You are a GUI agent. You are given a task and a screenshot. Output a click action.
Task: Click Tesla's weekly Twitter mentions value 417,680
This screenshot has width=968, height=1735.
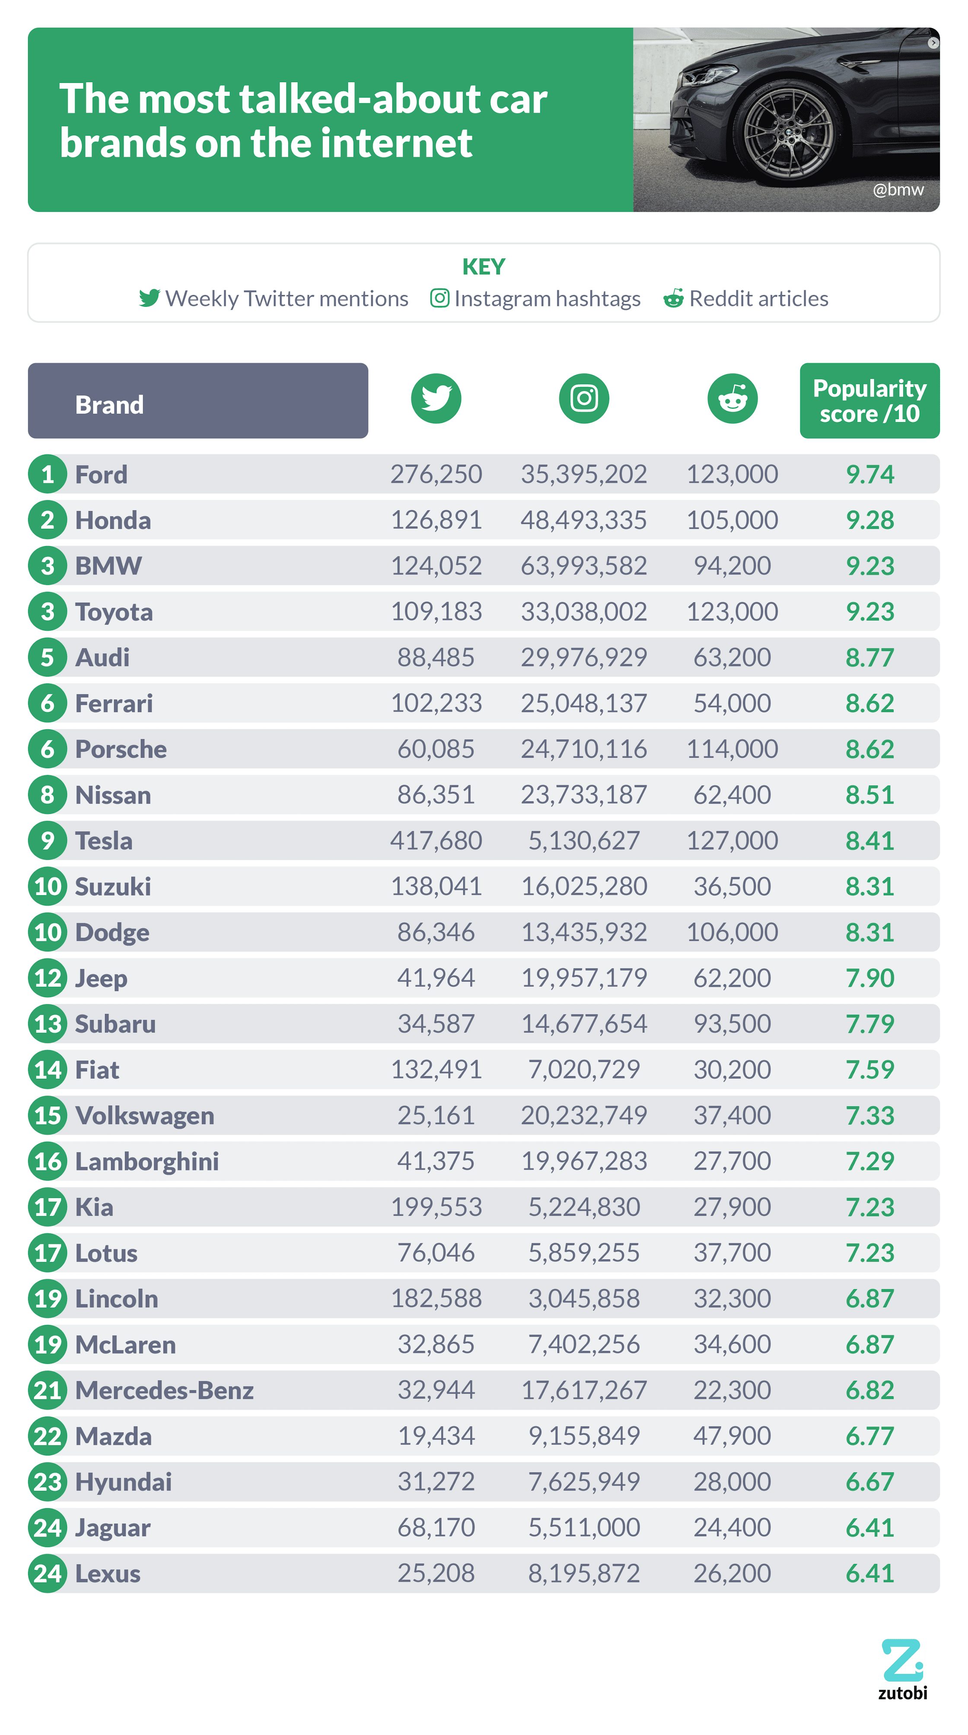click(x=436, y=841)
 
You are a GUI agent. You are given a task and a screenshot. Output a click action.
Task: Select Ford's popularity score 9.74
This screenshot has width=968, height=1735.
click(x=869, y=474)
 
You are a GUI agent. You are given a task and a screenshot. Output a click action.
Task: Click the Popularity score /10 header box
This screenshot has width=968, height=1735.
click(x=869, y=401)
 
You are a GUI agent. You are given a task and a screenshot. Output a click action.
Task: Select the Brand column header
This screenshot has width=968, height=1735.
click(x=197, y=401)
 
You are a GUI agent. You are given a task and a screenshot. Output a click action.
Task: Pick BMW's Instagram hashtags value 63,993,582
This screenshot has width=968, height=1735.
click(x=583, y=566)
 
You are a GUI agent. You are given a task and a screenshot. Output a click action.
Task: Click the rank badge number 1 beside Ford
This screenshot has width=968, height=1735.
click(x=47, y=474)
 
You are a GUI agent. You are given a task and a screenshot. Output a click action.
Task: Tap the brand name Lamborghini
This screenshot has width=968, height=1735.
click(x=147, y=1161)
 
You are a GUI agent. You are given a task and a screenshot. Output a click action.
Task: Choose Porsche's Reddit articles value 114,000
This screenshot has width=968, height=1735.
click(x=732, y=749)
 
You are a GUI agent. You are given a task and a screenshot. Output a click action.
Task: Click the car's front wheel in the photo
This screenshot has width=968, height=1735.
click(x=787, y=133)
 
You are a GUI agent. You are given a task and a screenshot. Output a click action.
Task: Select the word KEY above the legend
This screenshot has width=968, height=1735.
click(x=483, y=267)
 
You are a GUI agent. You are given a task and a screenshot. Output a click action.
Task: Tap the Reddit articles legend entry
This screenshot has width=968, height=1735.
click(x=746, y=299)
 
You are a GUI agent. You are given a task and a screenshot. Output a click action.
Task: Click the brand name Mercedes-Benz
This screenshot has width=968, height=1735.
click(x=164, y=1390)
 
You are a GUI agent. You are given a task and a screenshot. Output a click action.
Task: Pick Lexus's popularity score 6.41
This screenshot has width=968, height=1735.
click(x=869, y=1573)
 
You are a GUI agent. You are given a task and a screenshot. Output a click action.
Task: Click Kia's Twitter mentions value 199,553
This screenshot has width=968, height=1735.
click(x=436, y=1207)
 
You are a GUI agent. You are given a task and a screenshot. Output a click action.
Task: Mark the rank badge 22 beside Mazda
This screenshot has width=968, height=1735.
click(x=47, y=1436)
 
